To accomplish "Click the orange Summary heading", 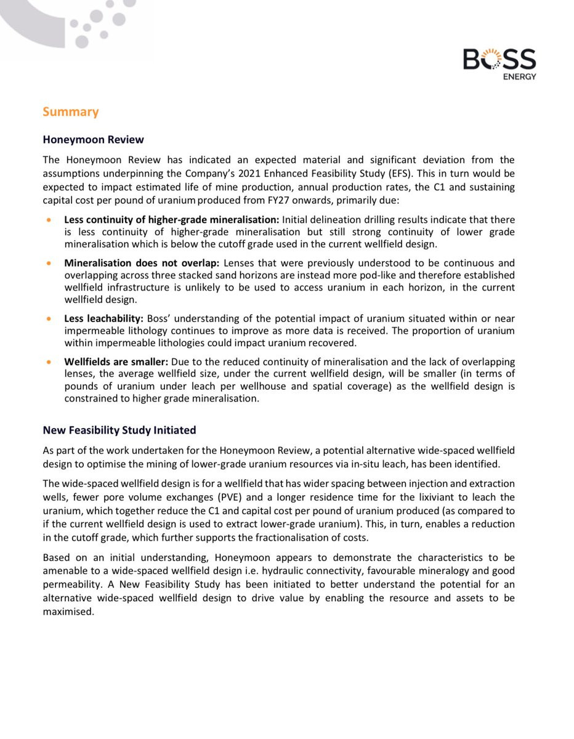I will [70, 111].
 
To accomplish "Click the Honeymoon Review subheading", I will [93, 140].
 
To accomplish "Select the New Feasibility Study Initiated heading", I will [119, 429].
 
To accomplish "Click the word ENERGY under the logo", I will [520, 76].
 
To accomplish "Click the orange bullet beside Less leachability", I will [49, 319].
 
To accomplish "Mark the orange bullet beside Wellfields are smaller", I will [49, 362].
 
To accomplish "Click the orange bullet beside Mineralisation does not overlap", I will [49, 263].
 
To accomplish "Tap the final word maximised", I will [68, 613].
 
